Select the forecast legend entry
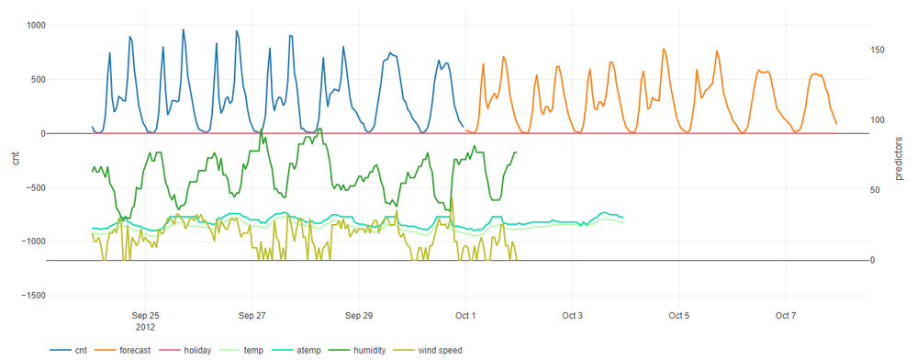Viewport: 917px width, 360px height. point(135,350)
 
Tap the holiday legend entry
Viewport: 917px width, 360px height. point(197,350)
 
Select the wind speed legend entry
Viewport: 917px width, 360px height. point(440,350)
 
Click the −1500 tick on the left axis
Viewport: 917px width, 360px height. point(28,296)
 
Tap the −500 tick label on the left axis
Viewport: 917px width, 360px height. point(31,187)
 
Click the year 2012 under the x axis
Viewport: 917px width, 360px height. point(145,327)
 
